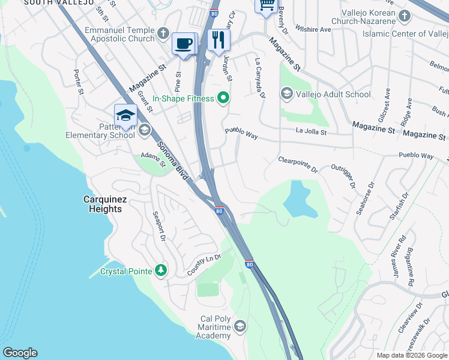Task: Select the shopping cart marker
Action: [x=266, y=5]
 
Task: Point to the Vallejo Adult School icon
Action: [x=286, y=94]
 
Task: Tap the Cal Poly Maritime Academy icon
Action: [x=240, y=326]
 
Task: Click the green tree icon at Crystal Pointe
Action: [x=160, y=271]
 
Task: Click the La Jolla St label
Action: [x=311, y=131]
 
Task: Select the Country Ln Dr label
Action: [x=205, y=259]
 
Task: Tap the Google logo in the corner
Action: [x=20, y=353]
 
